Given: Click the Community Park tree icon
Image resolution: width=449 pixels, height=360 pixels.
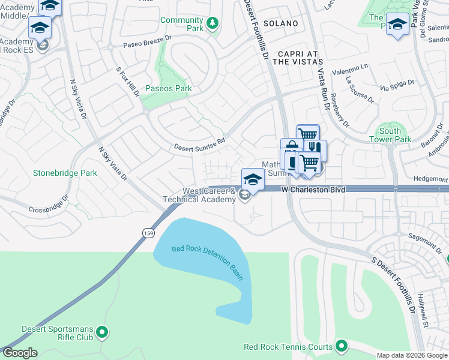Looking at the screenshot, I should (x=212, y=24).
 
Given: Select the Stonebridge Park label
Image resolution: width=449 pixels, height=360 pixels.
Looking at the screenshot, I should (x=65, y=173).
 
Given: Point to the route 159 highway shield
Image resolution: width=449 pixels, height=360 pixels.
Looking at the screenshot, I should (x=147, y=232).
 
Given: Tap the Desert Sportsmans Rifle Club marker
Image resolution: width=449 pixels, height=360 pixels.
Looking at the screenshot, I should (x=102, y=331).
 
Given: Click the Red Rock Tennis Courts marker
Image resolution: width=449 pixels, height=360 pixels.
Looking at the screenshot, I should (x=342, y=346).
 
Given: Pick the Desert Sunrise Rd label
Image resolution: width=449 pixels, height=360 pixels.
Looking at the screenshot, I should (x=199, y=144).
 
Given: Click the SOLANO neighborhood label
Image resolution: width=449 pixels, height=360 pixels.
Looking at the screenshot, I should (x=280, y=23).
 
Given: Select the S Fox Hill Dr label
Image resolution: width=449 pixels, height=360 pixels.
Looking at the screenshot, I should (x=128, y=82).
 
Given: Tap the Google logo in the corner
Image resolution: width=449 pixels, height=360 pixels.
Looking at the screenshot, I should (x=20, y=352).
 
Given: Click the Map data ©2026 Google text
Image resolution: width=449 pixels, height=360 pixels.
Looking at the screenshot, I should (x=412, y=355).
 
